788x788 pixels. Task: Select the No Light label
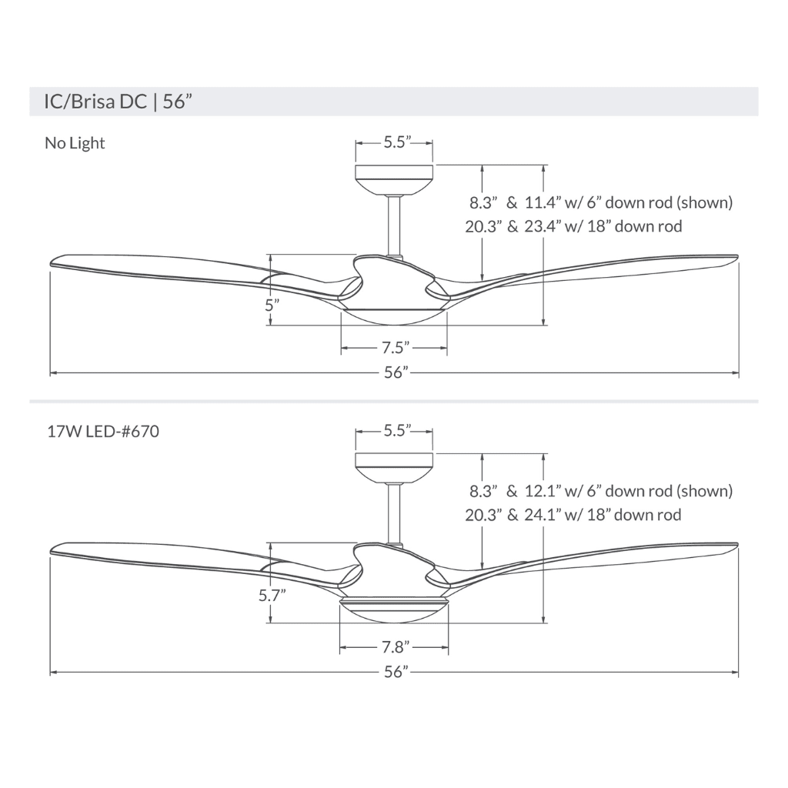tap(75, 143)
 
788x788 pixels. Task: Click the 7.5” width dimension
tap(395, 348)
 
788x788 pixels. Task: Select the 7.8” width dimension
tap(395, 646)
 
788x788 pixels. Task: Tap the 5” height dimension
tap(271, 304)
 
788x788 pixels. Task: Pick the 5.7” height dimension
tap(272, 594)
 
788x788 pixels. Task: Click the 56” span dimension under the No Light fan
tap(395, 373)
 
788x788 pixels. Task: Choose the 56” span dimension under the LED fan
tap(395, 672)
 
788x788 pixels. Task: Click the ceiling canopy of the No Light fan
tap(394, 178)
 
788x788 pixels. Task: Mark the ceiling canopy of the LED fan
tap(394, 466)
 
